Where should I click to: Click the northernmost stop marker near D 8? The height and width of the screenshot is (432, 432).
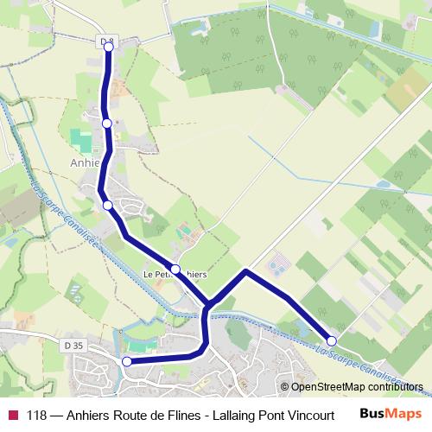(x=109, y=48)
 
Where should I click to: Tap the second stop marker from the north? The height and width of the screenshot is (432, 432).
(x=107, y=124)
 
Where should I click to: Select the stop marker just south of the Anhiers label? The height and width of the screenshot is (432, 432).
(x=108, y=205)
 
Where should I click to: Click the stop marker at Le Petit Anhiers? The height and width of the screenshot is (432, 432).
(x=175, y=269)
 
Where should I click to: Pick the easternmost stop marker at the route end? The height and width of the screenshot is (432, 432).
(x=331, y=340)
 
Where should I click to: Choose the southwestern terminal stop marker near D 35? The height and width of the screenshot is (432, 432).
(x=127, y=361)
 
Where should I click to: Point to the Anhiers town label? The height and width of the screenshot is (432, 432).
(x=86, y=161)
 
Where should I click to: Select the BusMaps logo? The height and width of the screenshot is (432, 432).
(x=390, y=413)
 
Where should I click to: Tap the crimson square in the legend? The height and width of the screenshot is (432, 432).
(x=13, y=414)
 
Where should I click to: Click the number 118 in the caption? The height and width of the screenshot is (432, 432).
(x=36, y=414)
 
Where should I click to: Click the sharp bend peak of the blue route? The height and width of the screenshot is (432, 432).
(x=246, y=272)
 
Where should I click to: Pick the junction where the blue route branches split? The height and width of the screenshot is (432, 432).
(x=208, y=306)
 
